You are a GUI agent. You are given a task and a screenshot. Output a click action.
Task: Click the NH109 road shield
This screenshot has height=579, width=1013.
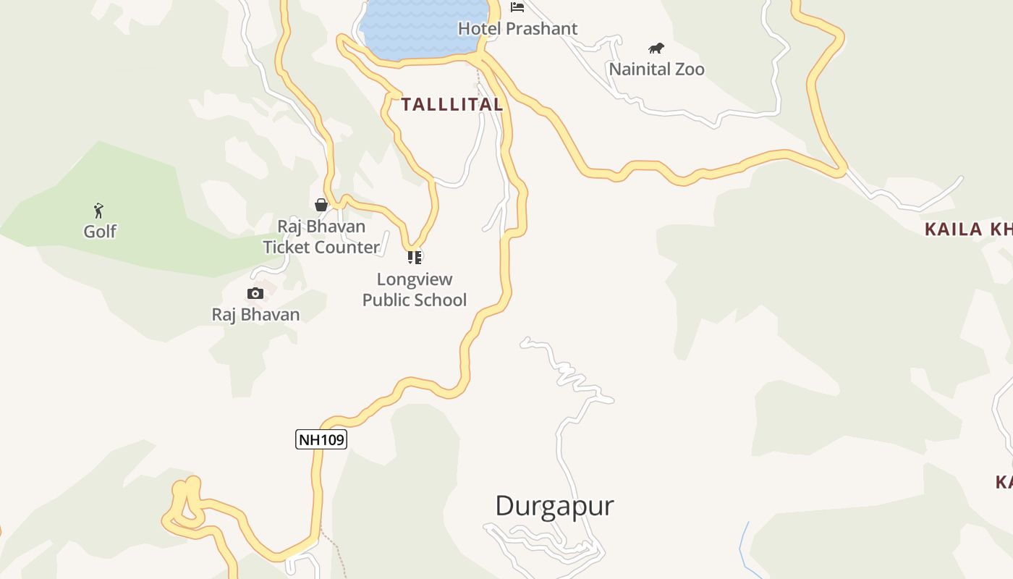(x=321, y=439)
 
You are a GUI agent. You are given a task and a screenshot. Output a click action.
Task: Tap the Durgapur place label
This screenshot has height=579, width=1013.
(x=554, y=505)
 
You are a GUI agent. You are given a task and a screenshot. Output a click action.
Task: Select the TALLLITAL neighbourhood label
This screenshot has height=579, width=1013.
(x=452, y=104)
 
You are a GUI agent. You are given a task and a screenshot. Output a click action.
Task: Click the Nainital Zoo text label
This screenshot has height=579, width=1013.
(x=656, y=69)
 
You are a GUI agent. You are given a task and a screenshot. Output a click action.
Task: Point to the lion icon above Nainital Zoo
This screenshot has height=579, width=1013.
(x=656, y=48)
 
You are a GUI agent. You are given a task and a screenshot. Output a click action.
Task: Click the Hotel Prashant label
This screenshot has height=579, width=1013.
(x=517, y=29)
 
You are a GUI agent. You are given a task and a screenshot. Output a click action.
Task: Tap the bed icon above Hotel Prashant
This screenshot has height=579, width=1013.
(x=517, y=7)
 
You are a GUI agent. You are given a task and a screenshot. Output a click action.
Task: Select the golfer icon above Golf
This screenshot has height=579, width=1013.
(x=99, y=211)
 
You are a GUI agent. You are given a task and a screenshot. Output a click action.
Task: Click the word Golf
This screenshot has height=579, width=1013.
(x=100, y=232)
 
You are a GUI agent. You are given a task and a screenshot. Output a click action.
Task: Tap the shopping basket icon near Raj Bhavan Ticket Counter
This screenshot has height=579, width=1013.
(x=321, y=205)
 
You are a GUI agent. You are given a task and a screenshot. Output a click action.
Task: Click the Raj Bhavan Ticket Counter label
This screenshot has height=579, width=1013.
(x=321, y=237)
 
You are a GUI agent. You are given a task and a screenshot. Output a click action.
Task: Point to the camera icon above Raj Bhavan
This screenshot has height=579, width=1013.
(x=255, y=293)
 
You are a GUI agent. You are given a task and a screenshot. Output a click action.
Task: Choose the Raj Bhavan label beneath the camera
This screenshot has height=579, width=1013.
(x=255, y=315)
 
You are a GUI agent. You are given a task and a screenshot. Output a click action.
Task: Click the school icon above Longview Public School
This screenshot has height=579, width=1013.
(x=415, y=257)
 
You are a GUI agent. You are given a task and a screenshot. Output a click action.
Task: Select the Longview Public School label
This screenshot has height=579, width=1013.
(x=415, y=289)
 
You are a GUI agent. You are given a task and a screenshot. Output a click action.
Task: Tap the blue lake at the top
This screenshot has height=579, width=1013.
(x=420, y=29)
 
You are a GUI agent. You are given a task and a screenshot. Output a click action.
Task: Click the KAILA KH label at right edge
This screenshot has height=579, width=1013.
(x=968, y=230)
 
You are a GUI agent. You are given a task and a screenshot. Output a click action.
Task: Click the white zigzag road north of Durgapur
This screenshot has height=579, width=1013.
(x=572, y=376)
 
